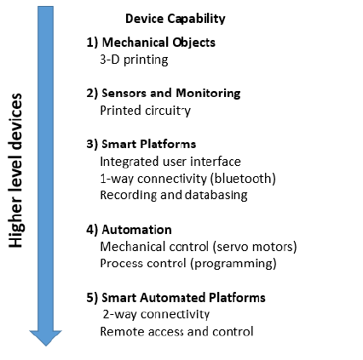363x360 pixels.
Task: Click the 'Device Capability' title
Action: [176, 19]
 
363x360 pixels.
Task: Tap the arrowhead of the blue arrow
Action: [45, 338]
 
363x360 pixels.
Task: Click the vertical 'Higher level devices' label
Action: [15, 170]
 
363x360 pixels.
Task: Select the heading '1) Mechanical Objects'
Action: [151, 43]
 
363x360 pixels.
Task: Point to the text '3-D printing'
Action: [134, 60]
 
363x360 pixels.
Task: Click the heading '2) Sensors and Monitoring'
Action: [164, 94]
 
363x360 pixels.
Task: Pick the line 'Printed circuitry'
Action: [146, 111]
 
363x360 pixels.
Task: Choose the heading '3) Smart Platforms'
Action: [141, 144]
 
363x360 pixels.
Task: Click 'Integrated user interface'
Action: [170, 162]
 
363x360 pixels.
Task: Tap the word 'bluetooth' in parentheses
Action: [243, 179]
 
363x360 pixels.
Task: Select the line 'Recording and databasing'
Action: [174, 196]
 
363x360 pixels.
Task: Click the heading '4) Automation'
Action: [129, 230]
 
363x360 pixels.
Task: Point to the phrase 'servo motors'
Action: [255, 247]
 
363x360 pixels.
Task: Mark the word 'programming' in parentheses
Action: [233, 264]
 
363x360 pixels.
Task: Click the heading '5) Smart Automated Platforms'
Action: [176, 298]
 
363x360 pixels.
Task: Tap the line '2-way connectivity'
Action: [156, 314]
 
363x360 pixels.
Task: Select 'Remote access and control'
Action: [176, 331]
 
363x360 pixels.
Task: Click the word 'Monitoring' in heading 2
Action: [208, 94]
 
